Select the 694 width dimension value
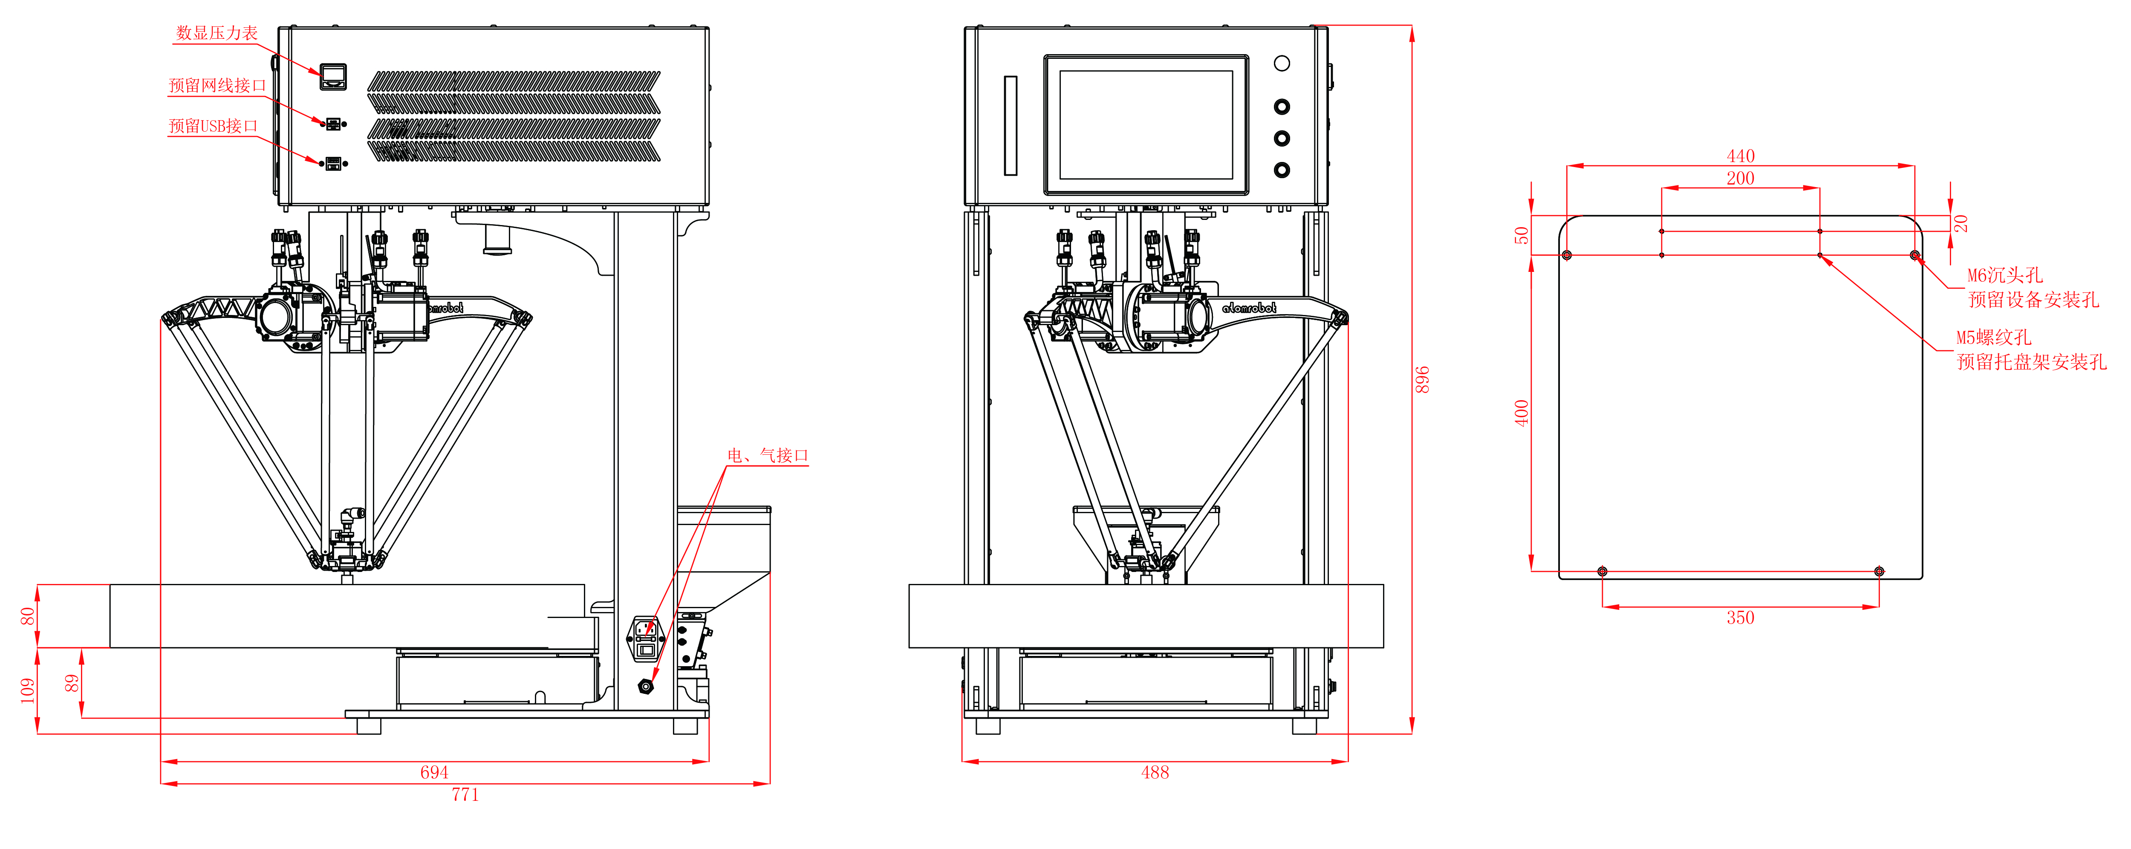434,772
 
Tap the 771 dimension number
465,794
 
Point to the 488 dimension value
1155,772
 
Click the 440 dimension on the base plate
1741,156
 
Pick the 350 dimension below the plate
1741,617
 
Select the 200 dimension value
1741,178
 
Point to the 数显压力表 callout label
217,33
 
